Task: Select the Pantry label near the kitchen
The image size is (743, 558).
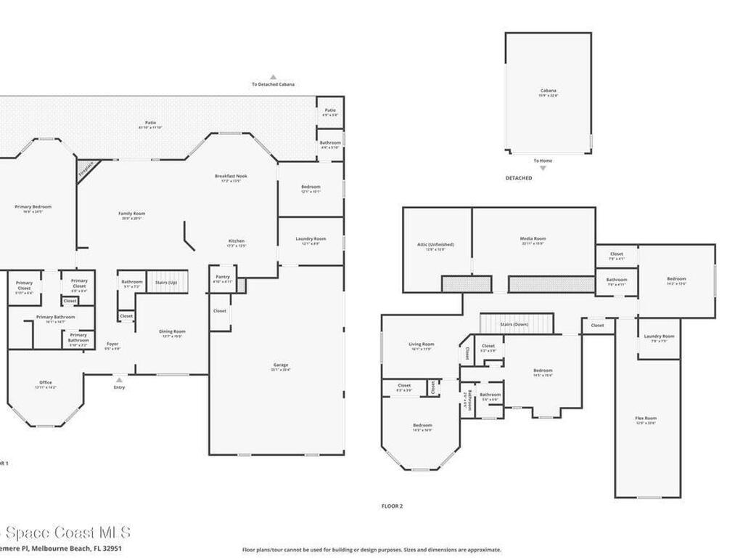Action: tap(223, 278)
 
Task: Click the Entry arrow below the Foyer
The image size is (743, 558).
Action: tap(119, 379)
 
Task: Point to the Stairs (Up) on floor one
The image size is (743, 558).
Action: tap(168, 280)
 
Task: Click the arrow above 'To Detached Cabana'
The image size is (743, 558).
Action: tap(274, 76)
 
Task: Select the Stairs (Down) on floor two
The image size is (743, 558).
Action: tap(516, 324)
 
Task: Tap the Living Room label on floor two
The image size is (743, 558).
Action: tap(421, 346)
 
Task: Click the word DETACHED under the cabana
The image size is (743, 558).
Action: tap(519, 178)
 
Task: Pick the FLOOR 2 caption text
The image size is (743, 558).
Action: tap(392, 506)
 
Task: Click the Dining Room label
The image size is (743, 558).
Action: tap(172, 333)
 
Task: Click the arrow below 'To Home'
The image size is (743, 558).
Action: tap(542, 168)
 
